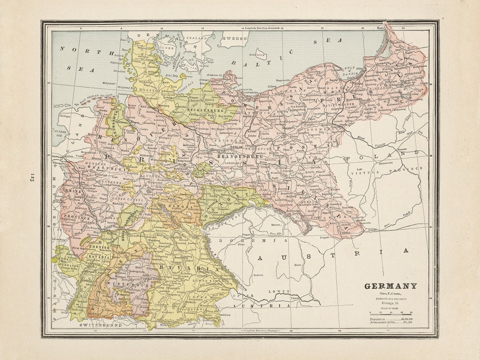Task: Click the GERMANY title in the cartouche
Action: click(390, 286)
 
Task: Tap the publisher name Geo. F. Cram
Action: click(390, 293)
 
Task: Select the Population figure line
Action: click(391, 319)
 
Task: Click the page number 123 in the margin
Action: click(32, 177)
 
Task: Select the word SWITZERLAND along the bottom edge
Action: click(101, 325)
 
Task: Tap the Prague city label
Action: click(247, 235)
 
